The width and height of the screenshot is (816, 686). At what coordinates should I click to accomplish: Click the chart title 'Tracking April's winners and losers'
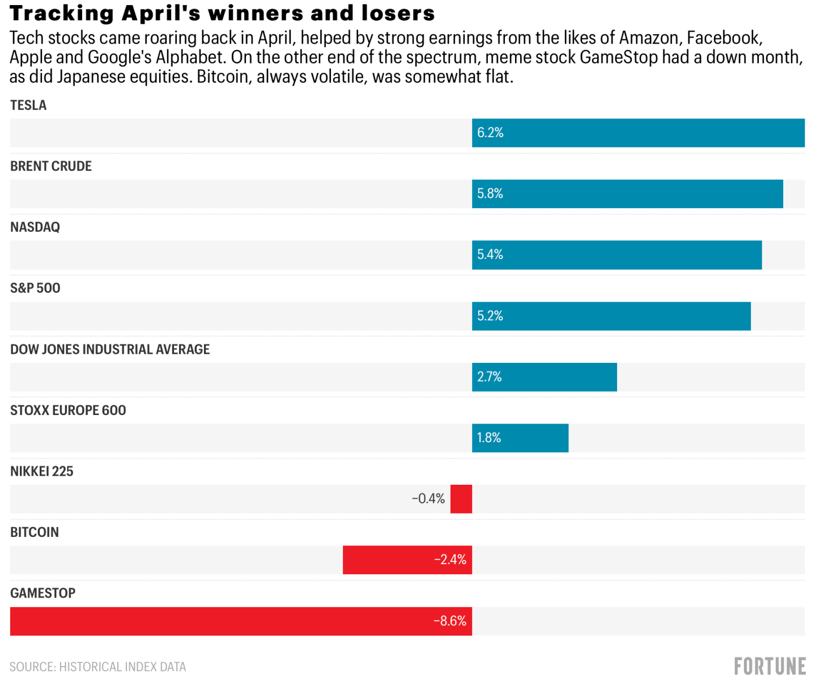coord(222,13)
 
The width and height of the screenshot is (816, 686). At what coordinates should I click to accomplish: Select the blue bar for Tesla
coord(638,133)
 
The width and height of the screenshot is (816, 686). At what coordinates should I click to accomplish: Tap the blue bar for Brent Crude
coord(627,194)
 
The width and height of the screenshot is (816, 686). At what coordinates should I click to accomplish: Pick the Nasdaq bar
coord(617,255)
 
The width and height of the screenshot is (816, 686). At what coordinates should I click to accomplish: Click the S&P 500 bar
coord(611,316)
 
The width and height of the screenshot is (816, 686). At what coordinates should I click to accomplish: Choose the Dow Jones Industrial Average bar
coord(544,377)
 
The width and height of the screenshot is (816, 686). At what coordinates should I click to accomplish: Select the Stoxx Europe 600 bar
coord(520,438)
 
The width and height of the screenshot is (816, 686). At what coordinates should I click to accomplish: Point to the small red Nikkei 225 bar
coord(461,499)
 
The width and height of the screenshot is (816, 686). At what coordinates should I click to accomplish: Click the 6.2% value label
coord(490,133)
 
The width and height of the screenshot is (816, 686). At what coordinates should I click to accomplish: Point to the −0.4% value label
coord(428,499)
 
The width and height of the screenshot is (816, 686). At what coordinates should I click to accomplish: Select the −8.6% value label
coord(450,621)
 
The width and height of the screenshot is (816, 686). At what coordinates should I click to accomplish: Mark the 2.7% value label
coord(490,377)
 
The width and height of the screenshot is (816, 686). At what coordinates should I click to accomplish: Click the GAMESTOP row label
coord(43,593)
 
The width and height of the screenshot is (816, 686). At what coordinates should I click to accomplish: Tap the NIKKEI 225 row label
coord(42,471)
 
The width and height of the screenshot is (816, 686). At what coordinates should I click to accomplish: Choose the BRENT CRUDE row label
coord(51,166)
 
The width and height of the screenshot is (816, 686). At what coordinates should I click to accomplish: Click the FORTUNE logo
coord(770,666)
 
